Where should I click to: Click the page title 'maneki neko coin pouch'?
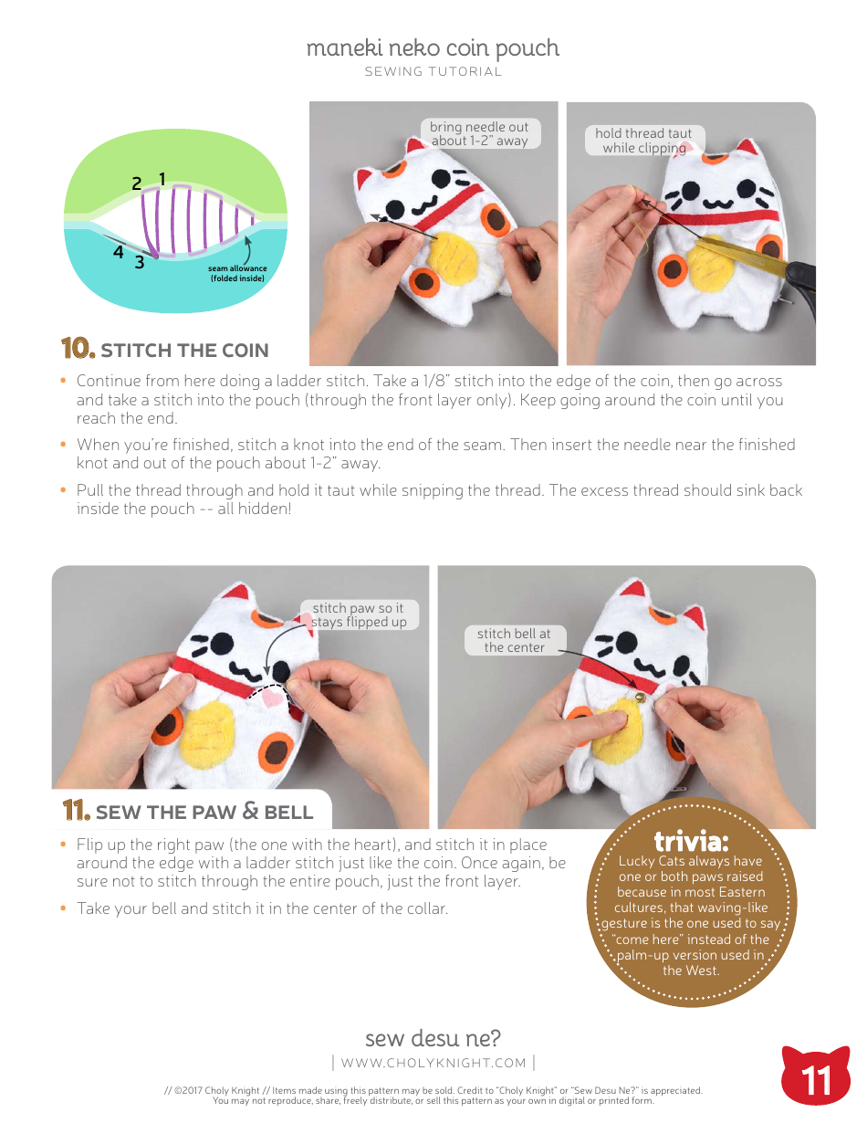[x=433, y=47]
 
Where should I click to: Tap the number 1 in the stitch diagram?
[x=162, y=179]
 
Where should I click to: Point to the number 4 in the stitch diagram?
[x=119, y=252]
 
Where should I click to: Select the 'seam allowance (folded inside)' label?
[x=237, y=273]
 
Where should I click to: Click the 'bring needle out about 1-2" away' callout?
[x=479, y=133]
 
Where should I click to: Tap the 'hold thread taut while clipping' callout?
[x=643, y=141]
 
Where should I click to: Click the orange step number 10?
[x=78, y=350]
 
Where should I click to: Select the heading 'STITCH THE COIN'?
[x=184, y=351]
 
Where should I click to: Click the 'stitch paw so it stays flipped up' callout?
[x=358, y=614]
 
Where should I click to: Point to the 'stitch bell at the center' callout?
[x=514, y=639]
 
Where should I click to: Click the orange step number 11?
[x=75, y=811]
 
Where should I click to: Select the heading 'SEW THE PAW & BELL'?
[x=204, y=812]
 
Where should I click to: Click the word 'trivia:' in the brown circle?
[x=691, y=840]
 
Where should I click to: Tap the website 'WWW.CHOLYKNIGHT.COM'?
[x=433, y=1063]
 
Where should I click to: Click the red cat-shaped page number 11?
[x=816, y=1079]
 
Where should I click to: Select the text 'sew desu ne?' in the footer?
[x=433, y=1038]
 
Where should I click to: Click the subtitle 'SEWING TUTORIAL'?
[x=433, y=71]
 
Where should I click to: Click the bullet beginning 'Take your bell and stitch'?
[x=262, y=908]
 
